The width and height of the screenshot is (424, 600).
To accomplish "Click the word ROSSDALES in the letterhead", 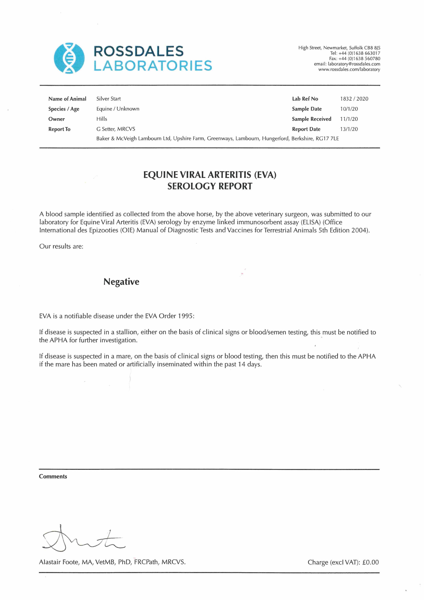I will click(x=138, y=51).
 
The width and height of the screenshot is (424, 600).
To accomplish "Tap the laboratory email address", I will click(x=354, y=64).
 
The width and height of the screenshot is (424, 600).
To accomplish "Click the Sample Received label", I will click(x=311, y=119).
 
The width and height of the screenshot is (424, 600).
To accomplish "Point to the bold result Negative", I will click(x=121, y=282).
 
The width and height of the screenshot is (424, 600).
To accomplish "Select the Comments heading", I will click(x=53, y=476).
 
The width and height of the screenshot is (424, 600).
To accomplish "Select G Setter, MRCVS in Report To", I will click(x=116, y=129).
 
